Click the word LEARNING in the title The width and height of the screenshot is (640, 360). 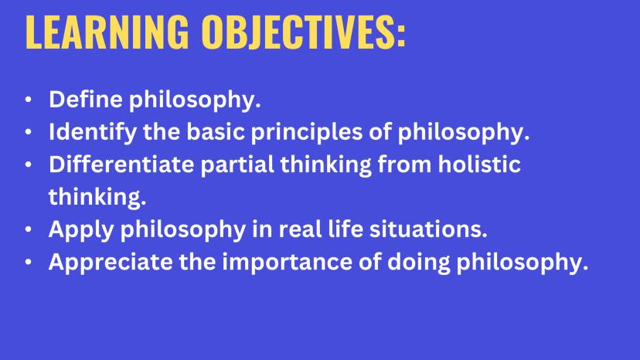[107, 32]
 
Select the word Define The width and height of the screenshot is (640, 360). [86, 99]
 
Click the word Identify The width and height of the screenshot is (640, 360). [93, 133]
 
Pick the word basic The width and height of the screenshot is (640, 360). [216, 131]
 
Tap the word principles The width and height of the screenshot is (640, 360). [307, 133]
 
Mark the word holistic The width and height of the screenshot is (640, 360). [479, 164]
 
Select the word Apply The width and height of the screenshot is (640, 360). [81, 230]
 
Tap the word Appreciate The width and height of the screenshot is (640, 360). [111, 263]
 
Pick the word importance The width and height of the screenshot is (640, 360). [288, 263]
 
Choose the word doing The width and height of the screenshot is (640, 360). [418, 263]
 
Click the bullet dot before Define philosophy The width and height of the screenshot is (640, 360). [28, 99]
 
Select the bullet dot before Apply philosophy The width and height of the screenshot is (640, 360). [28, 229]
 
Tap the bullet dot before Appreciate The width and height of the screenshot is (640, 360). [28, 262]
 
